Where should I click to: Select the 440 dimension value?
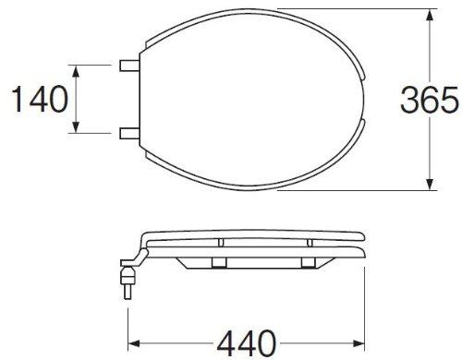coord(247,342)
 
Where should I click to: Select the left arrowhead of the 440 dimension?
coord(130,342)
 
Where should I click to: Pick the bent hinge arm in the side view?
coord(139,251)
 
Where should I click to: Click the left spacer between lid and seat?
coord(223,241)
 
